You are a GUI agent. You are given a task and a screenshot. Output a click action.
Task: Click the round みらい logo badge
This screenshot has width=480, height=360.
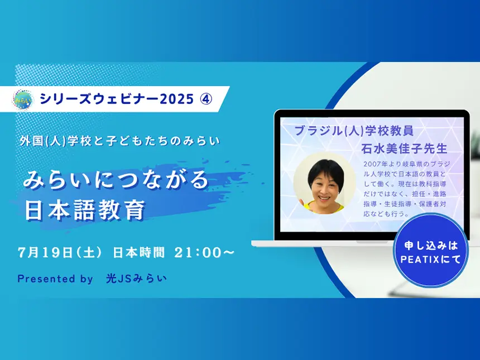point(23,99)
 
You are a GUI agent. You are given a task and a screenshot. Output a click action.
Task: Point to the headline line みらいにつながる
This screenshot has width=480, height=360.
point(116,180)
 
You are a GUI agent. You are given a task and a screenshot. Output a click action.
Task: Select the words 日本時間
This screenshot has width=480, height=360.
point(139,252)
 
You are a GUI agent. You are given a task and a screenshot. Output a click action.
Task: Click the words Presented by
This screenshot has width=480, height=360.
point(55,279)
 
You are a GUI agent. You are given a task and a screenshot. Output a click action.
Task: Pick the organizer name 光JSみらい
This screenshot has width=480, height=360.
point(136,279)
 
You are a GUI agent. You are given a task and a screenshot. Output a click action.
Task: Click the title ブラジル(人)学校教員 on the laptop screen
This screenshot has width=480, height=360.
point(353,132)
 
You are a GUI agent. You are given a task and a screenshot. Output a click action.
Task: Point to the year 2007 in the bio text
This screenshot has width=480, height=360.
point(373,164)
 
